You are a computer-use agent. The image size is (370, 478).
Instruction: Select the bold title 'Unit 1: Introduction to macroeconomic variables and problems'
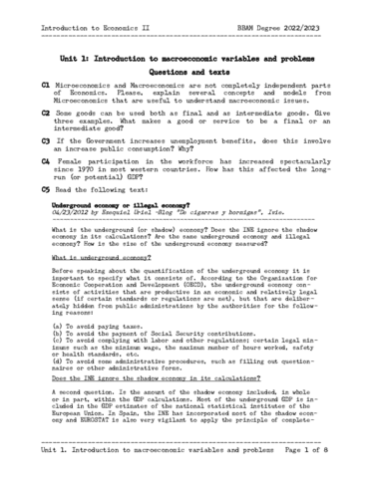tap(185, 60)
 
